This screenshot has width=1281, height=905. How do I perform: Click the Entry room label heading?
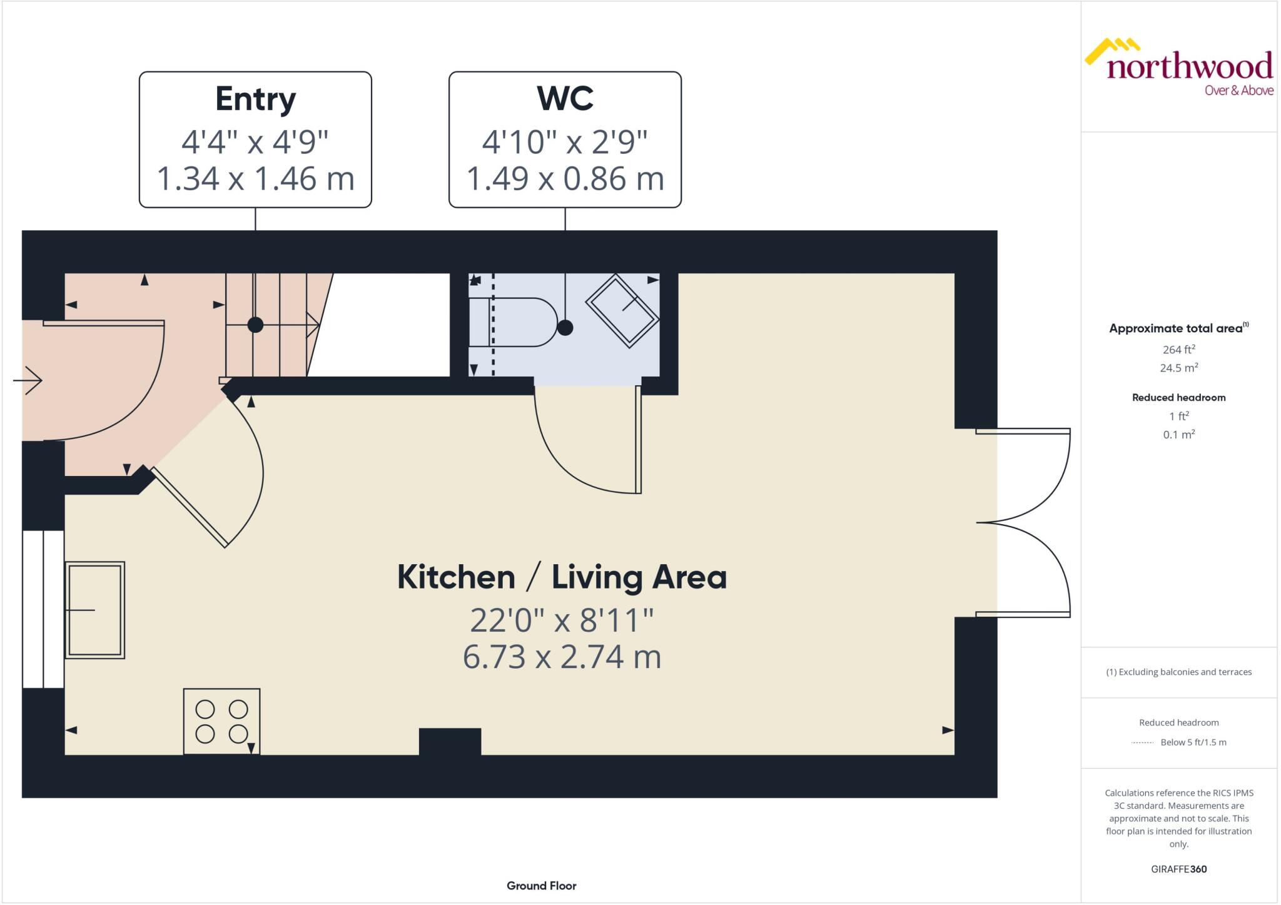[255, 99]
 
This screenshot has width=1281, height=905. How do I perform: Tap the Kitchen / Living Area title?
[562, 577]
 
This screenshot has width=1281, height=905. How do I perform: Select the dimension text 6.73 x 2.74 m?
[562, 657]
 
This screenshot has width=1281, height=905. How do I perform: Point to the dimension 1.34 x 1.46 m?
[255, 178]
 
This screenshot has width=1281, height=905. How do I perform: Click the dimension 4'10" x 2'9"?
[565, 142]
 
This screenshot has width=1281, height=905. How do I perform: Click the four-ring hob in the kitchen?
[221, 721]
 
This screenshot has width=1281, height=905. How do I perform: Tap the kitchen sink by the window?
[94, 610]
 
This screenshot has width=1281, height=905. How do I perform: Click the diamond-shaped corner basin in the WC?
[622, 310]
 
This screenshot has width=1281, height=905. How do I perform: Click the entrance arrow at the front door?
[28, 380]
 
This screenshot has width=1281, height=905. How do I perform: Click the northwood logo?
[1178, 68]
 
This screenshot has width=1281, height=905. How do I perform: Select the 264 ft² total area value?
[1178, 350]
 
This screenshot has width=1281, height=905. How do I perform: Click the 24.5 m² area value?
[1178, 368]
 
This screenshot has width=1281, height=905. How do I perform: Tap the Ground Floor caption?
[541, 886]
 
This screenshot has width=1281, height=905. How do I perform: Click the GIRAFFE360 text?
[1178, 869]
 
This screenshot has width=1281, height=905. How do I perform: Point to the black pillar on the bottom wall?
[450, 741]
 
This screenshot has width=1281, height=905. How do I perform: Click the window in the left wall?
[43, 609]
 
